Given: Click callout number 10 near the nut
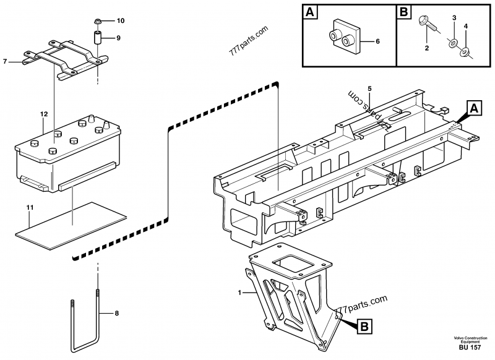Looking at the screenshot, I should pos(121,20).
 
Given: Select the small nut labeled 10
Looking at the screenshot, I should pos(98,20).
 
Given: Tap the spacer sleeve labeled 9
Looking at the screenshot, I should pos(98,37).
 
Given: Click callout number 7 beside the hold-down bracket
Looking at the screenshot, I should pos(5,61).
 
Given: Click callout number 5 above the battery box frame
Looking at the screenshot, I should pos(369,89).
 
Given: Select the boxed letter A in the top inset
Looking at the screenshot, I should pos(311,11).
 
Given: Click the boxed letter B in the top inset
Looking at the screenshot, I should pos(403,11).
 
